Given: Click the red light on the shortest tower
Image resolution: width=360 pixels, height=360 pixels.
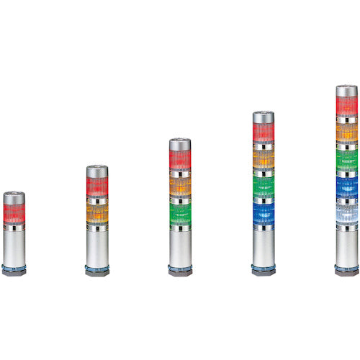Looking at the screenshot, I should click(x=14, y=212).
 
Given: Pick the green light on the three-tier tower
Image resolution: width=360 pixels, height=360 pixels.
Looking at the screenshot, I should click(x=180, y=214).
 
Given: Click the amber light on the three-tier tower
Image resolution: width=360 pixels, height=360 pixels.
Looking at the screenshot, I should click(x=180, y=186).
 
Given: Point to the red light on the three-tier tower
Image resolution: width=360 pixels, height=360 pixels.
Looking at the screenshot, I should click(x=180, y=160).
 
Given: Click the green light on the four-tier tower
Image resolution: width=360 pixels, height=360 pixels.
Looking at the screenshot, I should click(x=264, y=186).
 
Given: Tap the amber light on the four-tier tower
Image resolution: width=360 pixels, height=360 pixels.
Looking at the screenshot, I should click(x=264, y=159).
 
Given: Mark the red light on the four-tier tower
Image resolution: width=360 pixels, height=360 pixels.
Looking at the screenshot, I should click(x=264, y=132).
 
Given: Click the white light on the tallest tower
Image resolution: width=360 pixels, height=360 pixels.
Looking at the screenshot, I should click(x=346, y=213).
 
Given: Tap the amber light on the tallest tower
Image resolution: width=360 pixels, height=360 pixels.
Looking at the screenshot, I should click(x=346, y=133).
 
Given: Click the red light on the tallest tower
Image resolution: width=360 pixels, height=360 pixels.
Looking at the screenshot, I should click(x=346, y=107).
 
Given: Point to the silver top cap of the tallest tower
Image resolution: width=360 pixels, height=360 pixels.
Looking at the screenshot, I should click(x=346, y=91).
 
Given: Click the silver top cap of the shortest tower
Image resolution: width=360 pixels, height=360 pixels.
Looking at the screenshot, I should click(x=14, y=197).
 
